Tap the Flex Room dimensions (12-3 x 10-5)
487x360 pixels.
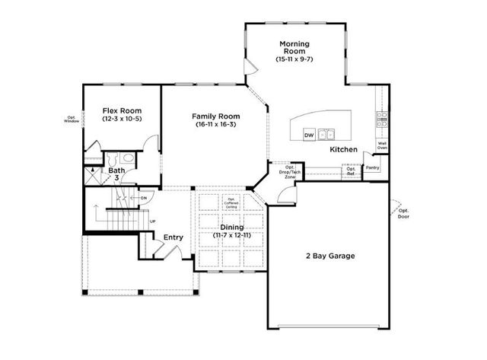click(122, 119)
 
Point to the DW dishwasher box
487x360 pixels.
click(309, 135)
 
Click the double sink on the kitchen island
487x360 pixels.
click(326, 135)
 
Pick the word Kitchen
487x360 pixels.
click(343, 150)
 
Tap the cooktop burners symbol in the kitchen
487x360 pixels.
click(382, 118)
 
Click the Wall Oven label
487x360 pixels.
click(383, 145)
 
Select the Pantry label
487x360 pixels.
click(372, 167)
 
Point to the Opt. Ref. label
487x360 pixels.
click(351, 170)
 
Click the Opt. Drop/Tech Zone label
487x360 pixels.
click(289, 171)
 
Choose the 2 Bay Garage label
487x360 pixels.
click(330, 256)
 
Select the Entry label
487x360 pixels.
click(173, 237)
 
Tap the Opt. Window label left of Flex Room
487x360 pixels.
click(72, 118)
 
